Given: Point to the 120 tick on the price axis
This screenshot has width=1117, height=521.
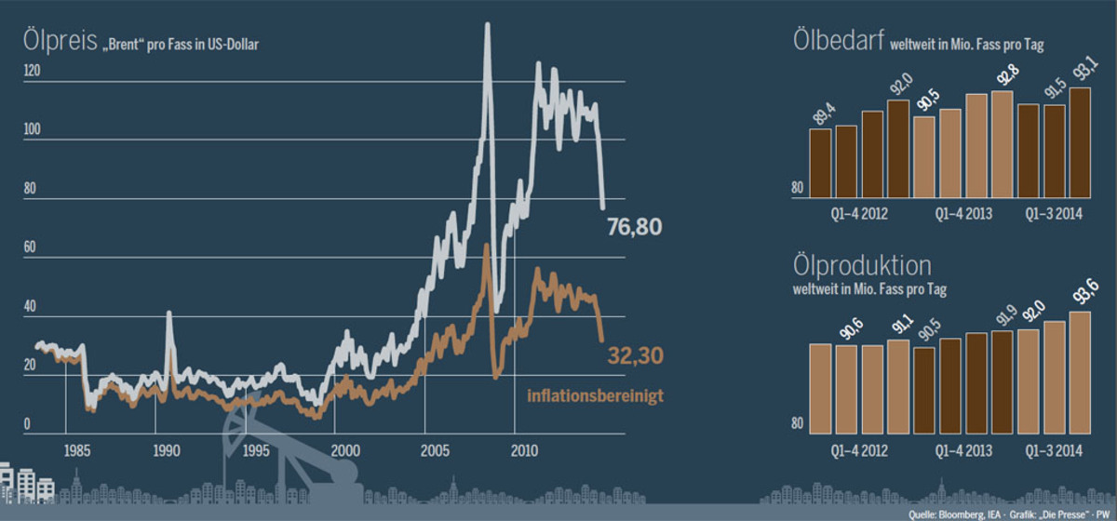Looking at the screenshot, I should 33,71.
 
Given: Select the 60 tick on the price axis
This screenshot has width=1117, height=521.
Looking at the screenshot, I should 30,248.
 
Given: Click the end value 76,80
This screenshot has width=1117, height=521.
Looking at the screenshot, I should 634,226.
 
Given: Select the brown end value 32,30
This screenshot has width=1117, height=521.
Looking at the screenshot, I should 635,355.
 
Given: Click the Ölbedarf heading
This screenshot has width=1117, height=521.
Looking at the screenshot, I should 838,42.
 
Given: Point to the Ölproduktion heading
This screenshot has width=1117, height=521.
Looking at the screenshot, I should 861,266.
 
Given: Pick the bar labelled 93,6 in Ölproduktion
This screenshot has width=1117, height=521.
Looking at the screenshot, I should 1080,372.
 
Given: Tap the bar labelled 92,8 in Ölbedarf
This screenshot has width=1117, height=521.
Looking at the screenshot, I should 1003,144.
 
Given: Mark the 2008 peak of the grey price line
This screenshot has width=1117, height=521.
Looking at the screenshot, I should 487,25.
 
